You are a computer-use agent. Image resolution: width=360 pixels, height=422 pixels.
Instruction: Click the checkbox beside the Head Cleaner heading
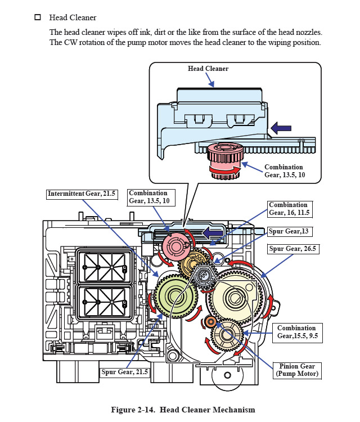click(x=38, y=17)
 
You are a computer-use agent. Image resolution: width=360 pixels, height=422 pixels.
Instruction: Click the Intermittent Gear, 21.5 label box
click(x=82, y=194)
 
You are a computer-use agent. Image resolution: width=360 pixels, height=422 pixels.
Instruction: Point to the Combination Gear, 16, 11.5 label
click(x=288, y=209)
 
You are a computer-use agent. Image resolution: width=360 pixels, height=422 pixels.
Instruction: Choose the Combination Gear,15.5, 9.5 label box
click(x=296, y=332)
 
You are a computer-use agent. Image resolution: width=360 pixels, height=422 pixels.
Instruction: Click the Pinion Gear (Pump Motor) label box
click(x=296, y=369)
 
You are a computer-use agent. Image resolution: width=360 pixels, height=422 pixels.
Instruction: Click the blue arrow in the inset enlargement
click(x=281, y=128)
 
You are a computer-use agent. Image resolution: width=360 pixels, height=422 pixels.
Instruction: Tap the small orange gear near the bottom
click(x=210, y=321)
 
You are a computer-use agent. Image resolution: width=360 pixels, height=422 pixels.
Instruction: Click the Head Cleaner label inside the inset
click(x=208, y=69)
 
